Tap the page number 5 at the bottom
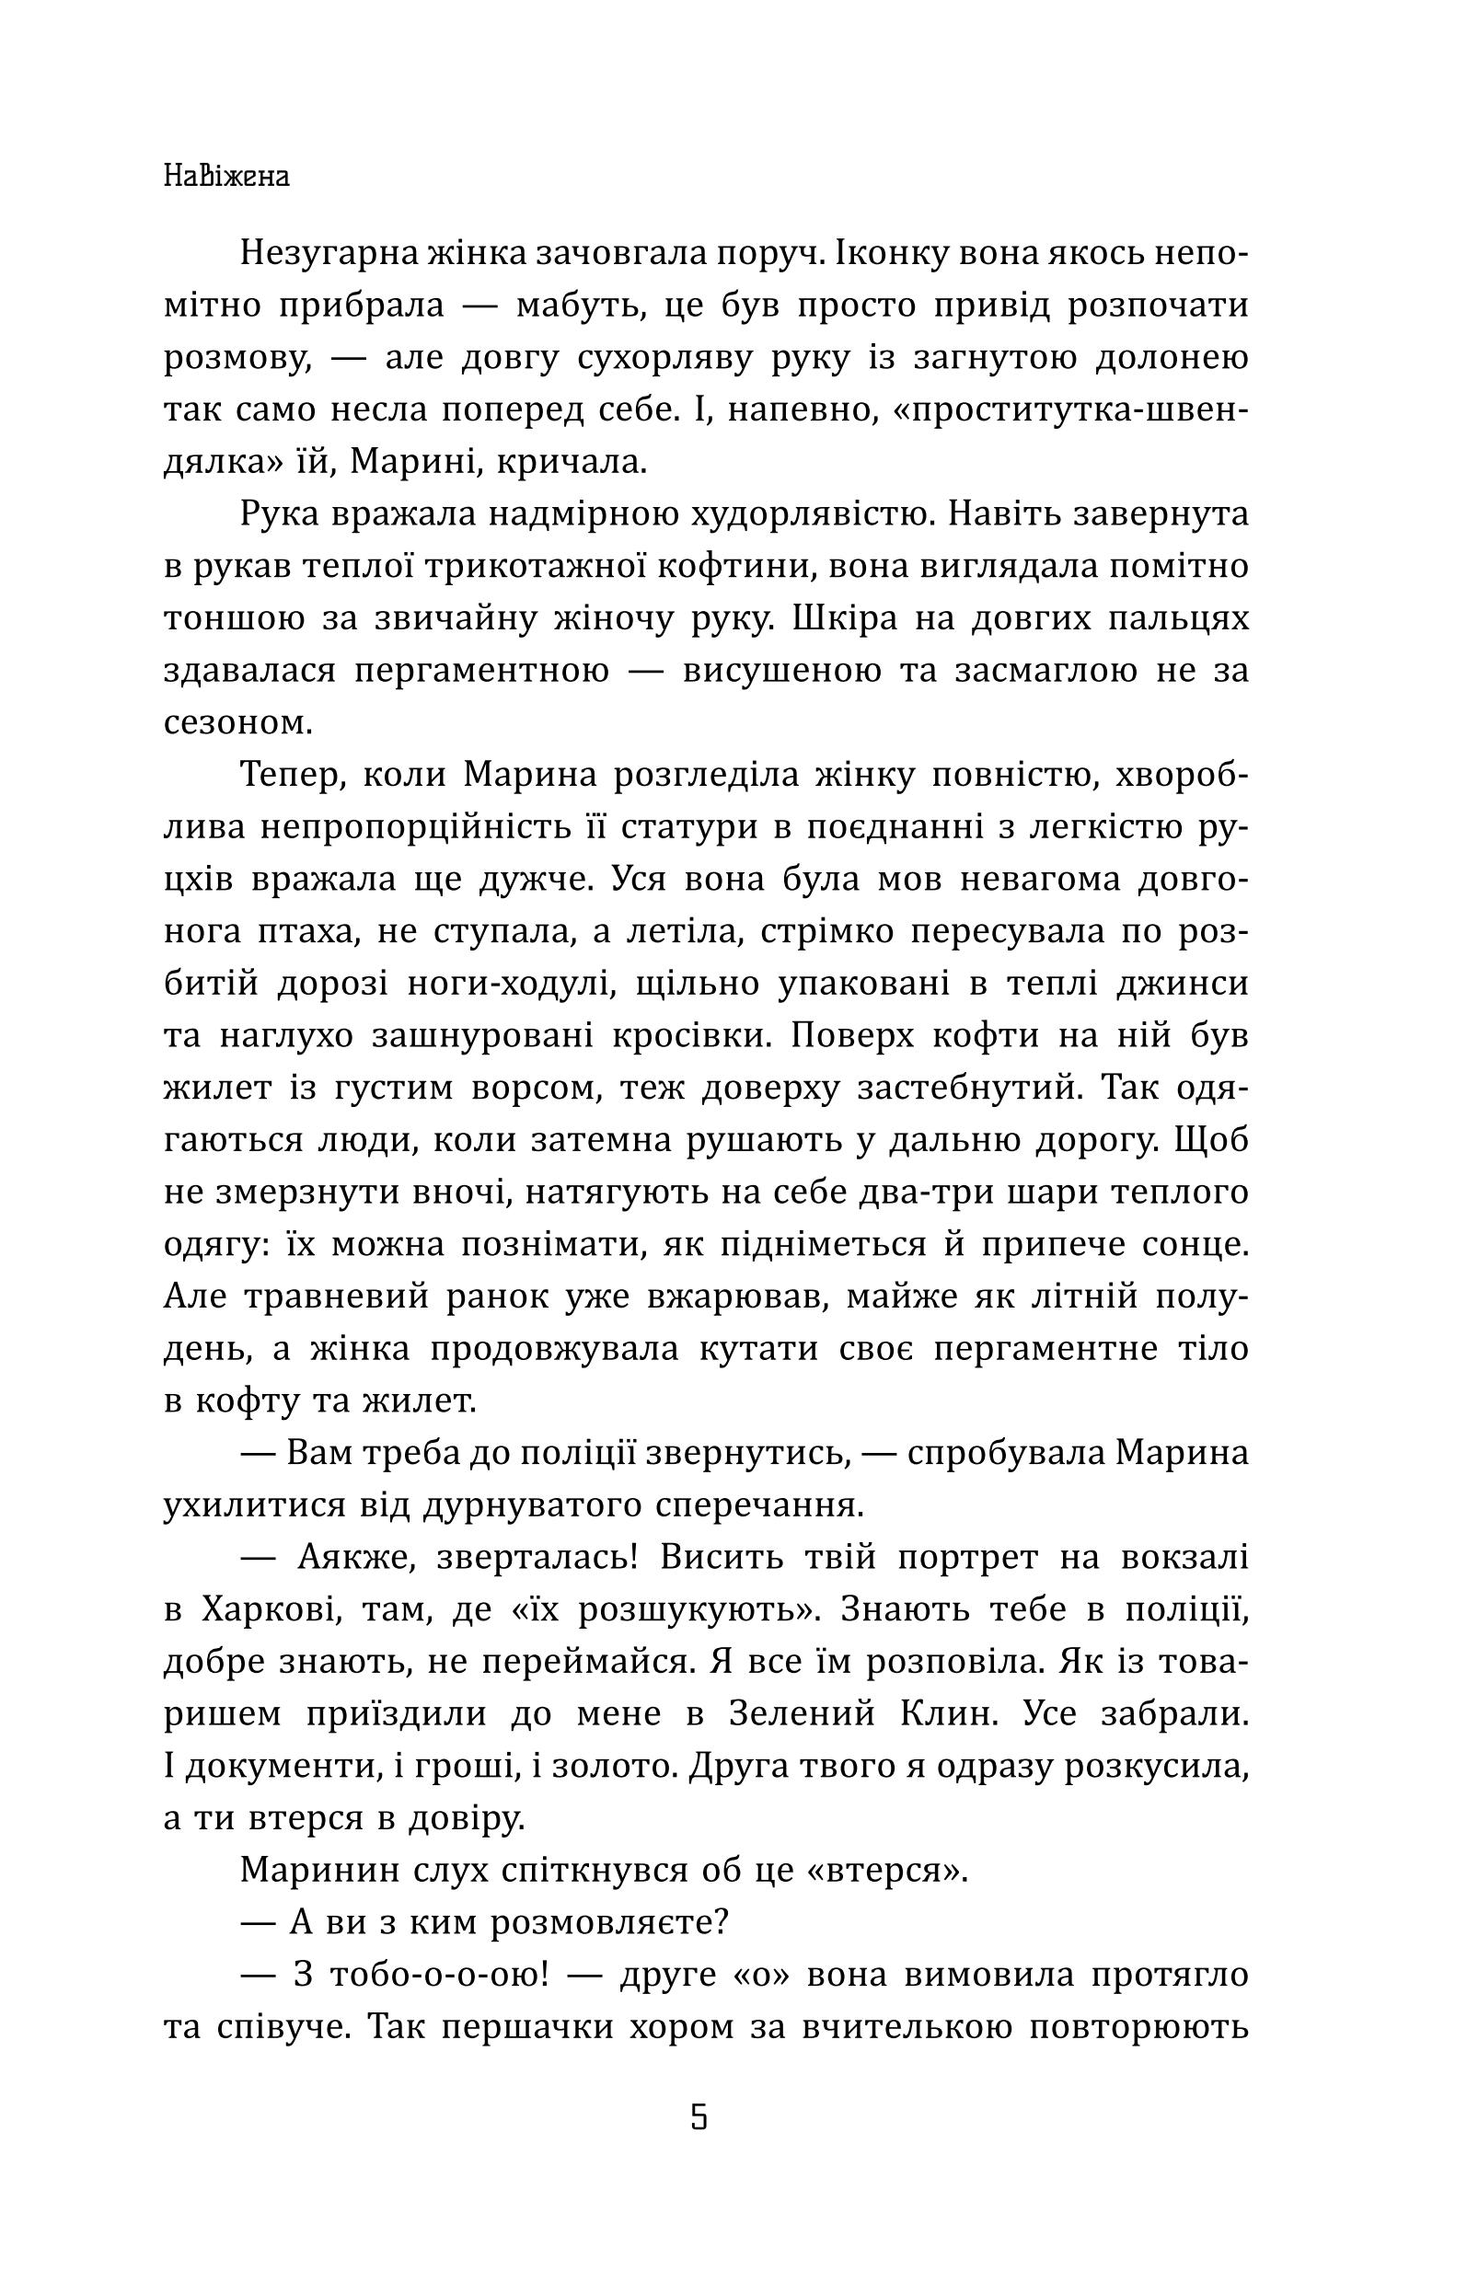699,2117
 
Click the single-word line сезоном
238,723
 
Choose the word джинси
1186,983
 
